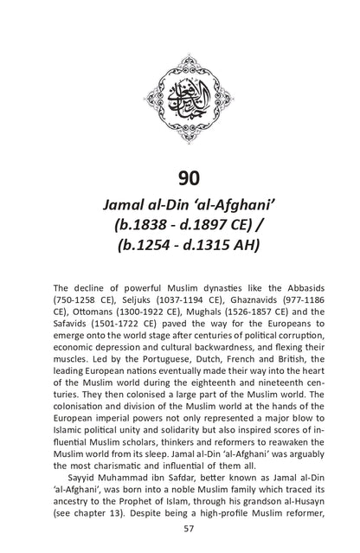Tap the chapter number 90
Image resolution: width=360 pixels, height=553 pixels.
(181, 179)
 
